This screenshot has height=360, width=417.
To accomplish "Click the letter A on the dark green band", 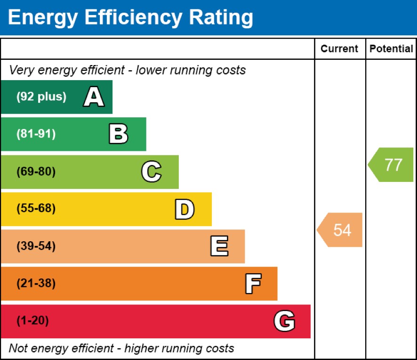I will pyautogui.click(x=94, y=98).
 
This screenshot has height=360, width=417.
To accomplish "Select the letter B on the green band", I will pyautogui.click(x=118, y=134).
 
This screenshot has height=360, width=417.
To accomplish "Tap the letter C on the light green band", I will pyautogui.click(x=151, y=172).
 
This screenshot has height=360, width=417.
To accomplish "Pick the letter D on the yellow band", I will pyautogui.click(x=184, y=210).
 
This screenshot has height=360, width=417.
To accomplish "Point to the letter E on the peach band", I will pyautogui.click(x=219, y=246).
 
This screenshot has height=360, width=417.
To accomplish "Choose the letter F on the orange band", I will pyautogui.click(x=253, y=284).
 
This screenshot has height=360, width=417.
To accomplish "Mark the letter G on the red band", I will pyautogui.click(x=284, y=321).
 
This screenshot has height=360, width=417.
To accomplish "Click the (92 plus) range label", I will pyautogui.click(x=41, y=97).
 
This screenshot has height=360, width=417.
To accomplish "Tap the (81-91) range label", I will pyautogui.click(x=36, y=134).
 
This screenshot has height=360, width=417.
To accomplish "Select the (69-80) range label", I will pyautogui.click(x=36, y=172).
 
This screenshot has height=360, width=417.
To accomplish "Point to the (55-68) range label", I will pyautogui.click(x=36, y=209).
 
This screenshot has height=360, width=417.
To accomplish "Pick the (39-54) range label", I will pyautogui.click(x=36, y=246).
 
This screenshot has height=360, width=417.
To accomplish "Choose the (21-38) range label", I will pyautogui.click(x=36, y=284).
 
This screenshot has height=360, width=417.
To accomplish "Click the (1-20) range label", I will pyautogui.click(x=32, y=321).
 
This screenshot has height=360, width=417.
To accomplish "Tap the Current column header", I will pyautogui.click(x=339, y=49).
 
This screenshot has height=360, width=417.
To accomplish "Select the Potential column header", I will pyautogui.click(x=391, y=49).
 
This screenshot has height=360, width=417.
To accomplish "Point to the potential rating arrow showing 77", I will pyautogui.click(x=392, y=165).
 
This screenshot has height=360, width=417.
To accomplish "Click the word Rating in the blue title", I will pyautogui.click(x=221, y=17).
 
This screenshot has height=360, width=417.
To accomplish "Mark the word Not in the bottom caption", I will pyautogui.click(x=18, y=349).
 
